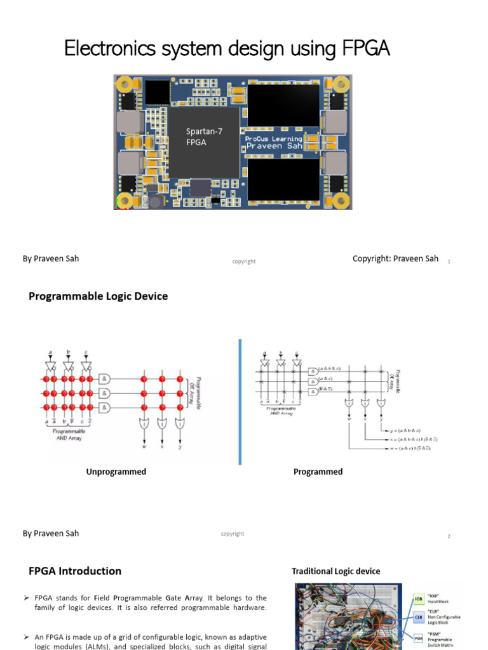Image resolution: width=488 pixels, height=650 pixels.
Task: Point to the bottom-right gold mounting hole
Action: click(341, 201)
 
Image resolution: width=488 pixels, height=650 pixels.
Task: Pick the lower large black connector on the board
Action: click(283, 180)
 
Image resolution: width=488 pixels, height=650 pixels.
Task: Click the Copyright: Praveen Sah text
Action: click(395, 259)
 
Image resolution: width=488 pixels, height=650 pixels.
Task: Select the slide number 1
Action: click(449, 262)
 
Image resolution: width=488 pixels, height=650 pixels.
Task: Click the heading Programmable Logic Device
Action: click(98, 296)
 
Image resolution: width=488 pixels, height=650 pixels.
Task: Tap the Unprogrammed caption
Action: click(116, 472)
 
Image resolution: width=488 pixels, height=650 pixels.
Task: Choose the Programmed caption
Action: click(318, 472)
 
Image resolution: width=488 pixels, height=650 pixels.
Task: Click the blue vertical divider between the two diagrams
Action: click(240, 401)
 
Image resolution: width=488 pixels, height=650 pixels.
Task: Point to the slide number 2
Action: click(449, 536)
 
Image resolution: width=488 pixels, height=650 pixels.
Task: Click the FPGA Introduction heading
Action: click(75, 571)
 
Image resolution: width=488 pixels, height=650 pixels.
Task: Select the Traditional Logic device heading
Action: click(335, 571)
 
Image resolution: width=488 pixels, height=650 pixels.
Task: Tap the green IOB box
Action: click(419, 599)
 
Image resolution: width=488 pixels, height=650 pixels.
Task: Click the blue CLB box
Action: click(419, 616)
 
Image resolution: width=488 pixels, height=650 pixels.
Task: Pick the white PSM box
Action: click(419, 637)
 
